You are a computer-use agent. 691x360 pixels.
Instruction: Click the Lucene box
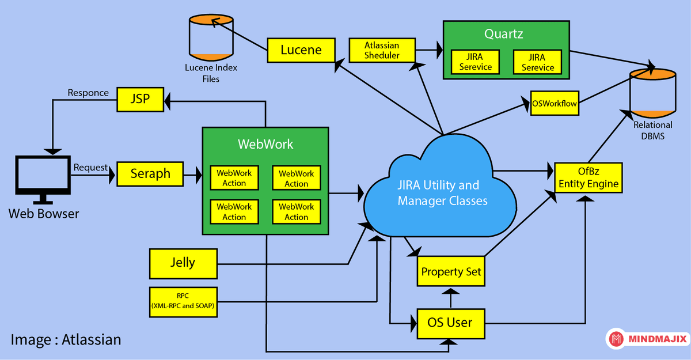301,50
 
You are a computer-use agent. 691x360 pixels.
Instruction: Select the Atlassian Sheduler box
382,50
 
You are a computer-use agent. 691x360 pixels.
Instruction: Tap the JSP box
140,98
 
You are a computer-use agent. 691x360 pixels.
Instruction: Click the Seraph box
150,173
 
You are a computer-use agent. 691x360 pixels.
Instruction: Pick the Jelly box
183,263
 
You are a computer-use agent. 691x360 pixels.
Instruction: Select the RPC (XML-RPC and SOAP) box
183,301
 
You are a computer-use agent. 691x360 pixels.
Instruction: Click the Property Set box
451,271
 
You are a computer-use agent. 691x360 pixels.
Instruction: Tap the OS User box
450,321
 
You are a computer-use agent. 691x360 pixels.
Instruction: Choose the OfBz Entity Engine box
589,178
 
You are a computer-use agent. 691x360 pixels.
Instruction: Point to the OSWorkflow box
554,104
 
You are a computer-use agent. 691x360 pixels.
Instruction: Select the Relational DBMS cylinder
652,92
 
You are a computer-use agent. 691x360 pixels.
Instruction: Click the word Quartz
503,34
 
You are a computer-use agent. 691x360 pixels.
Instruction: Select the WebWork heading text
265,144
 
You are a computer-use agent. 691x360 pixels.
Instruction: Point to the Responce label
88,93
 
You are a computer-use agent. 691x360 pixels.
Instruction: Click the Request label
90,168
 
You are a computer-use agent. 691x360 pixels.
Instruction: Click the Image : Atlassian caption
66,339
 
